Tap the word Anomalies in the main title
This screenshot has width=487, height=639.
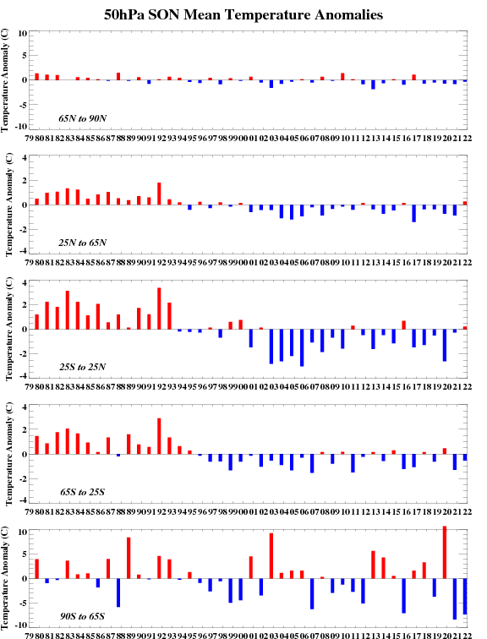[349, 15]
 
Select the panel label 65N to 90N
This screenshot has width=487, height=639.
[82, 118]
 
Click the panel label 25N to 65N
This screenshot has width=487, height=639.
[82, 243]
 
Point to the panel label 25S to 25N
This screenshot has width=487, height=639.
[82, 367]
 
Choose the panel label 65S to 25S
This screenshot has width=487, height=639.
[82, 492]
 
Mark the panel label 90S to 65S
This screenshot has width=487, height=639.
[82, 616]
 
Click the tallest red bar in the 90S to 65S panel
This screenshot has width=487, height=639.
[444, 552]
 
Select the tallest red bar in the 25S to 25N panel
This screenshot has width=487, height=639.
[159, 309]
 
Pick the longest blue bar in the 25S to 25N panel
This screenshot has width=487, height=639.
[302, 347]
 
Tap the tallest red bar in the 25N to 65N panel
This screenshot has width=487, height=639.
[159, 194]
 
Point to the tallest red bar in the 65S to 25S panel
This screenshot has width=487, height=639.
[159, 436]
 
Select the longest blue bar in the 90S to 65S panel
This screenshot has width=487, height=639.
[454, 598]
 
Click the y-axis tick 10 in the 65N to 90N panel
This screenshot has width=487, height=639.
[23, 34]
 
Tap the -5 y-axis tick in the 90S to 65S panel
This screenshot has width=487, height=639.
[21, 603]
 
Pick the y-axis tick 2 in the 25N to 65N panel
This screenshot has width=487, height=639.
[25, 180]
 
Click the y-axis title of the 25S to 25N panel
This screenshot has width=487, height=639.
[9, 329]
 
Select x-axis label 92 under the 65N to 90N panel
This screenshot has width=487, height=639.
[161, 138]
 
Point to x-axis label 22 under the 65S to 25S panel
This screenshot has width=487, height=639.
[467, 512]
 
